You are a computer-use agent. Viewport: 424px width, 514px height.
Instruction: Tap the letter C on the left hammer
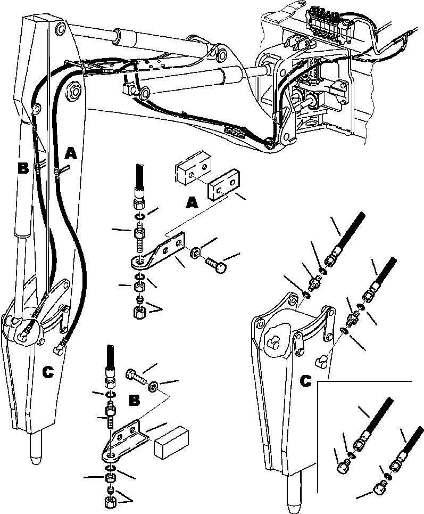[x=48, y=373]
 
